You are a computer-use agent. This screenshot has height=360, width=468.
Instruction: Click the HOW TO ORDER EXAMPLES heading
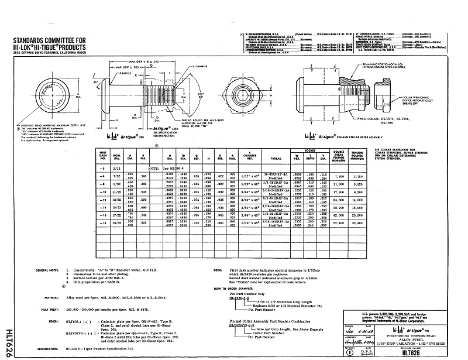(x=240, y=289)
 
